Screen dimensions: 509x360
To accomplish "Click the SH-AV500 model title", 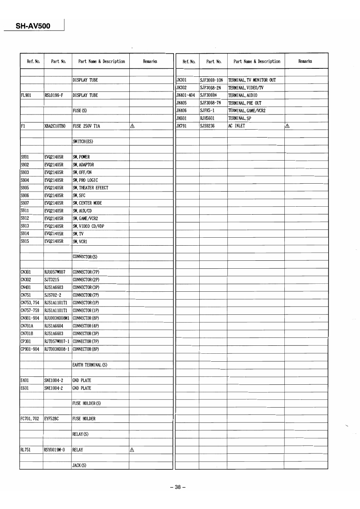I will [x=33, y=26].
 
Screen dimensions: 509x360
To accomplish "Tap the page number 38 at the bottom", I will [x=178, y=487].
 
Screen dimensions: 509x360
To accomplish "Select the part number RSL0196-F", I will [x=55, y=95].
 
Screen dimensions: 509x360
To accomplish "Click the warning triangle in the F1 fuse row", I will [x=132, y=126].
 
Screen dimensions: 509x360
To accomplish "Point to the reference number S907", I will [x=25, y=203].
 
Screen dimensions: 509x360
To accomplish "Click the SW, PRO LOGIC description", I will [x=85, y=180].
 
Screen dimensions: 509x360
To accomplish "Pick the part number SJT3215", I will [x=52, y=280].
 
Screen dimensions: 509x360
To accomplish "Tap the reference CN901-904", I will [x=30, y=318].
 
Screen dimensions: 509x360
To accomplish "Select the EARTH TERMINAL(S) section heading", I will [x=90, y=365].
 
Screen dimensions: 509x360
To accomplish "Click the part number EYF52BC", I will [x=52, y=419].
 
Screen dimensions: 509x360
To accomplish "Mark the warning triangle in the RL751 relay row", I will [x=132, y=450].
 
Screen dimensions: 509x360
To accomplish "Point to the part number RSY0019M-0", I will [x=55, y=450].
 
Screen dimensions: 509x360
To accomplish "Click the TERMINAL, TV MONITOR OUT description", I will [x=252, y=80].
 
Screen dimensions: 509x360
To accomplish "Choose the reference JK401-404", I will [x=186, y=95].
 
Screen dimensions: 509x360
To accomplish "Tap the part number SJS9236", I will [x=208, y=126].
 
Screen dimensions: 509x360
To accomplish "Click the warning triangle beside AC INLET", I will [x=287, y=126].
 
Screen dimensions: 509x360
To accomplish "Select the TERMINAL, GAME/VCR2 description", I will [x=247, y=111].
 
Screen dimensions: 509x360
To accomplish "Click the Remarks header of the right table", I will [x=305, y=61].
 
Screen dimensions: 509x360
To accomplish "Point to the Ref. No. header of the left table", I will [x=33, y=61].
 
